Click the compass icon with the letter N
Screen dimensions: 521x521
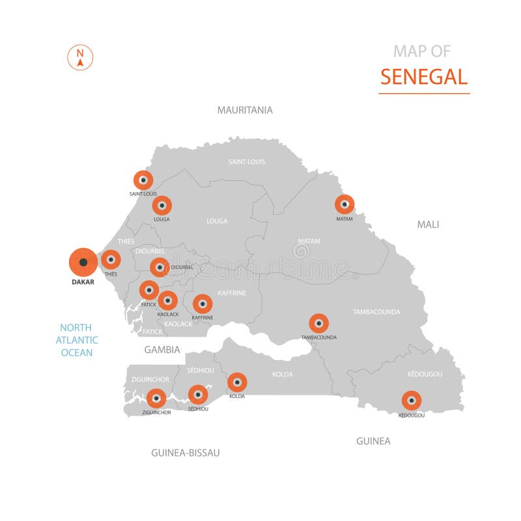click(81, 57)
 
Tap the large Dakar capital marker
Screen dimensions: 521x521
click(83, 262)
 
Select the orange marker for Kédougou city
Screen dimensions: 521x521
click(411, 401)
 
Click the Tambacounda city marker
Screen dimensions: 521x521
click(318, 324)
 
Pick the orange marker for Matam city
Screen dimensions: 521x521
click(345, 204)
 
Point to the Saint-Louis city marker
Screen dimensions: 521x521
click(143, 180)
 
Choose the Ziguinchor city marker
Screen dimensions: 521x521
click(156, 399)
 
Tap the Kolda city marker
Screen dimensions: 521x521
click(237, 382)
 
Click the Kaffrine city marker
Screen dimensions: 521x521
click(203, 303)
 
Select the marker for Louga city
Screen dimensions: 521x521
click(162, 206)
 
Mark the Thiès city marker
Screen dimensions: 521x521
click(111, 260)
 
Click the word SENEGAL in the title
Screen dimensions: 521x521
click(424, 77)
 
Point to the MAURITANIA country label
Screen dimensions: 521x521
click(245, 110)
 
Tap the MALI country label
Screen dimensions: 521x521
click(428, 225)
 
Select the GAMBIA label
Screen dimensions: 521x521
click(162, 350)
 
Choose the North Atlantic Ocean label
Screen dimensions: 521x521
click(77, 340)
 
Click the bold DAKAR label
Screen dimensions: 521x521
click(83, 283)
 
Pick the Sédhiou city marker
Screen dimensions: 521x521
click(197, 395)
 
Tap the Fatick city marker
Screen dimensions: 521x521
click(149, 290)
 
